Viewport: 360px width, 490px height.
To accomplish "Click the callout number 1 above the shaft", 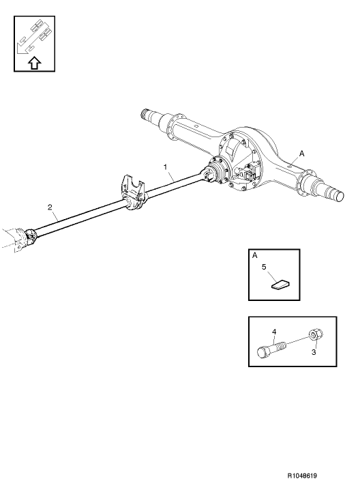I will (x=165, y=167).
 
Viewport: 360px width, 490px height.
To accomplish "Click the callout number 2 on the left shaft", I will (x=49, y=206).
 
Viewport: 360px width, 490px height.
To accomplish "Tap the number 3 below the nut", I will (x=315, y=352).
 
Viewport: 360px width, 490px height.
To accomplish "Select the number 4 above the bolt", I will (x=275, y=332).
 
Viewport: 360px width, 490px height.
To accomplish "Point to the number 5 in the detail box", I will (x=264, y=269).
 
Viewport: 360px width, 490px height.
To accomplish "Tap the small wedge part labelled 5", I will (x=280, y=283).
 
